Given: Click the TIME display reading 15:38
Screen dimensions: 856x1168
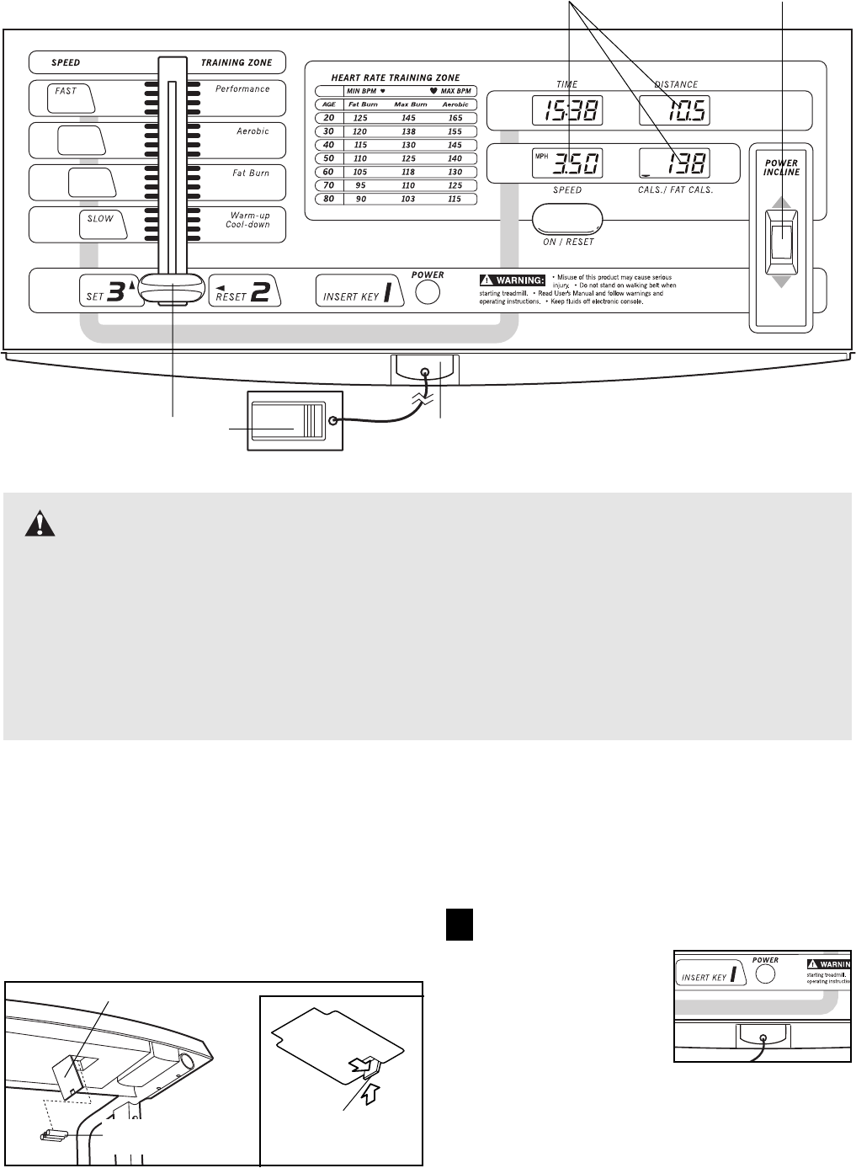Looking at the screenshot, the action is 567,110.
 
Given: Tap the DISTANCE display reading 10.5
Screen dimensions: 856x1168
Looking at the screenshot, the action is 674,110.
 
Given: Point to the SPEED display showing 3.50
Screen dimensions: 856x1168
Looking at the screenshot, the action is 567,163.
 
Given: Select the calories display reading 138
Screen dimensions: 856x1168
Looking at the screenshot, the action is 674,163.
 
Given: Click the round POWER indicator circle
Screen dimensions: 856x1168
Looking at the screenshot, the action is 428,292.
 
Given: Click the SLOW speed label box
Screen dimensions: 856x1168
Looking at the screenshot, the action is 102,224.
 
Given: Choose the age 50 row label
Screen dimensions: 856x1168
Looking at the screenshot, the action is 329,158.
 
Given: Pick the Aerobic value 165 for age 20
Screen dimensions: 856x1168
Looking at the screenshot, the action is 455,118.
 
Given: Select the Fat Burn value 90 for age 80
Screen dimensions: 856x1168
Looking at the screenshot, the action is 361,200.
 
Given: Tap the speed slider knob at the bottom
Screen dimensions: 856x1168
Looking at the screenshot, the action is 173,287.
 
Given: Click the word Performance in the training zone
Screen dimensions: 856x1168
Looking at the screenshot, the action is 242,88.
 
